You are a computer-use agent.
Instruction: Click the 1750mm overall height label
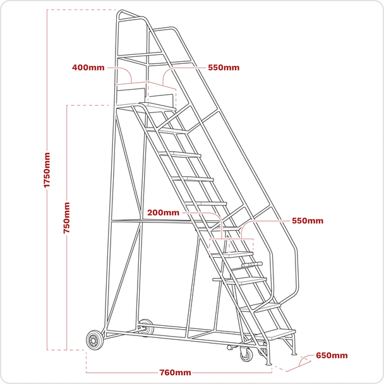tap(47, 170)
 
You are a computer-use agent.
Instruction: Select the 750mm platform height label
tap(66, 218)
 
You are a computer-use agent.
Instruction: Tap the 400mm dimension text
tap(88, 68)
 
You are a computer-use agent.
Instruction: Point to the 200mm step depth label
tap(163, 213)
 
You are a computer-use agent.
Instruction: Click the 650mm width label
tap(332, 356)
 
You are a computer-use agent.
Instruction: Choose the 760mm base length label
tap(175, 373)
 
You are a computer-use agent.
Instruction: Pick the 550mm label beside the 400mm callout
tap(224, 68)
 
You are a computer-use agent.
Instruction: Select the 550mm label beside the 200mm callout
tap(308, 220)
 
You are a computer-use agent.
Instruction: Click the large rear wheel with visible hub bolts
tap(94, 340)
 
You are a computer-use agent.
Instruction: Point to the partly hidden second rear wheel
tap(146, 327)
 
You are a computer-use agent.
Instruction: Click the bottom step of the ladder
tap(279, 334)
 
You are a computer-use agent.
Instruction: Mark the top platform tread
tap(157, 106)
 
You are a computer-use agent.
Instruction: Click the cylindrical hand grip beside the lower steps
tap(252, 265)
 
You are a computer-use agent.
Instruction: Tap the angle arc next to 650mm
tap(303, 359)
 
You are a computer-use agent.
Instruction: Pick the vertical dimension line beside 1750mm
tap(47, 180)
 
